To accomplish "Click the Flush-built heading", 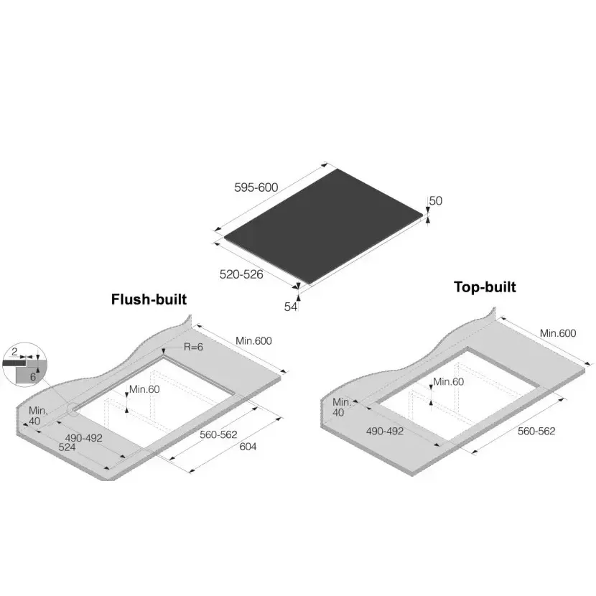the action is pos(149,299).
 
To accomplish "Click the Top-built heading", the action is pos(485,287).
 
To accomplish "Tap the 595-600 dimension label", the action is pos(256,187).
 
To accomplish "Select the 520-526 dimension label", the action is pos(241,274).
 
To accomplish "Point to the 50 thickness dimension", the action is pos(436,200).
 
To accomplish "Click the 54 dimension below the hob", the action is pos(290,307).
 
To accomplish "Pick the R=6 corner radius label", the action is pos(193,347).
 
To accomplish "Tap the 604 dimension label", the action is pos(248,447).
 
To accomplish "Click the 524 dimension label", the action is pos(67,447).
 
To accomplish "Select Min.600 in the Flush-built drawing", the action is pos(254,341).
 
